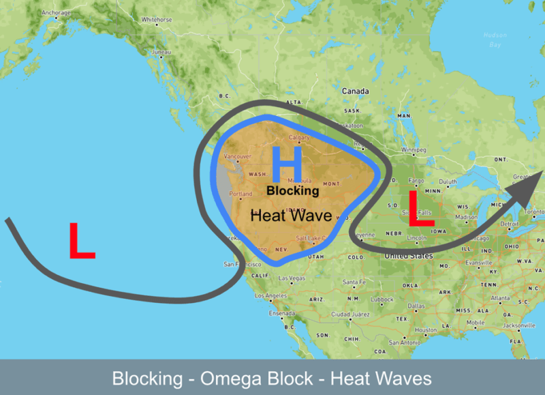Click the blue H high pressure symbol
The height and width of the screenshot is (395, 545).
click(x=286, y=164)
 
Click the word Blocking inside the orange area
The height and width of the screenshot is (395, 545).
click(x=292, y=191)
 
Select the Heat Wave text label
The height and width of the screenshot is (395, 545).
click(x=292, y=216)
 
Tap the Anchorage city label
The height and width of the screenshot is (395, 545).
click(x=55, y=12)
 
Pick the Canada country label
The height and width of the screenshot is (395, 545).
click(x=355, y=91)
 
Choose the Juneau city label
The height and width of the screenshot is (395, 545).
click(x=161, y=52)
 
